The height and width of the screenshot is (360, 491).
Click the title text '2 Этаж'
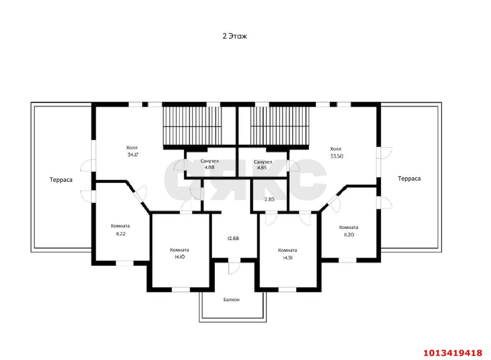coord(234,36)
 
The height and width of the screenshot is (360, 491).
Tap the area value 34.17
coord(133,155)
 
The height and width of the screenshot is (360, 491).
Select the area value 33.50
coord(337,156)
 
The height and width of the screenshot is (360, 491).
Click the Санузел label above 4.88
coord(209,161)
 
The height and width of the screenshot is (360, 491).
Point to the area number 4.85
coord(262,168)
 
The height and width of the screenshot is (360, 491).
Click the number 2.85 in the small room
coord(269,199)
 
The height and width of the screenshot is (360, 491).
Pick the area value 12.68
coord(233,238)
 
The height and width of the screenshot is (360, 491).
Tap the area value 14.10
coord(180,257)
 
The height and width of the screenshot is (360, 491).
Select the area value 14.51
coord(287,258)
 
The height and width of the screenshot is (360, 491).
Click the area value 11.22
coord(120,234)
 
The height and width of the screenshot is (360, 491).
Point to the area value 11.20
coord(349,235)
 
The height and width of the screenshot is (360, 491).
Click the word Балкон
coord(231,299)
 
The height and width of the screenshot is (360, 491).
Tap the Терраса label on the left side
coord(61,180)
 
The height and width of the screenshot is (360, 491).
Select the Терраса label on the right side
coord(409,179)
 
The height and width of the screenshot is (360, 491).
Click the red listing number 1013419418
coord(453,353)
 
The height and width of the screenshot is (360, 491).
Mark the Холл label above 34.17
coord(132,148)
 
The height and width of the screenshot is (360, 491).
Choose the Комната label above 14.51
coord(287,250)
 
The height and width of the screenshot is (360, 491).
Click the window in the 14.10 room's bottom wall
coord(181,290)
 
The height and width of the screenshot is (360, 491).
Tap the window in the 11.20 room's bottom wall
coord(348,260)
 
